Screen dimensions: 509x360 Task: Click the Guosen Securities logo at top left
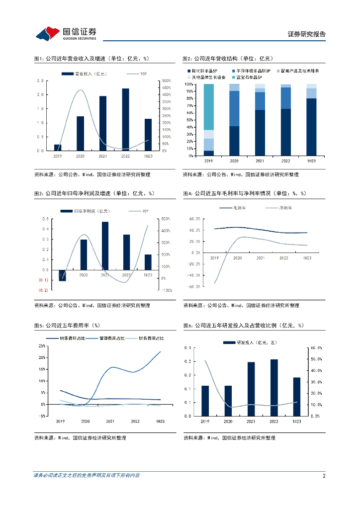coord(65,34)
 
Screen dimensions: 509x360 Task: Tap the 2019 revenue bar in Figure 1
coord(58,148)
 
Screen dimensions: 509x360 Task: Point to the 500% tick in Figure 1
coord(167,81)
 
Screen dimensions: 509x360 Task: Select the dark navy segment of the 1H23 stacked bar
coord(311,127)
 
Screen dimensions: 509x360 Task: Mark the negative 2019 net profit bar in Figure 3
coord(62,275)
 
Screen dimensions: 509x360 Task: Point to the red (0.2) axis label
coord(44,290)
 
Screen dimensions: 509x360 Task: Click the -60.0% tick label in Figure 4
coord(194,286)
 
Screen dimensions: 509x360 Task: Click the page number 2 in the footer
coord(324,476)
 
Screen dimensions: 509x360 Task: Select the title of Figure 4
coord(244,193)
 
